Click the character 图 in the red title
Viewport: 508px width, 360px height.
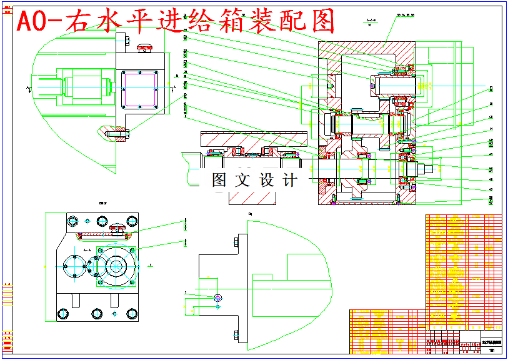(321, 22)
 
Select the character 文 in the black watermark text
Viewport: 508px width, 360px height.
(242, 181)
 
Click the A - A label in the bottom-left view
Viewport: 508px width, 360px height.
(87, 249)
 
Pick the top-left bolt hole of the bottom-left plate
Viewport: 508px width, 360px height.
(72, 221)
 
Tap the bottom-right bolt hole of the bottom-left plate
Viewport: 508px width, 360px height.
(131, 313)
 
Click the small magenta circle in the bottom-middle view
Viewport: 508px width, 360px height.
(217, 297)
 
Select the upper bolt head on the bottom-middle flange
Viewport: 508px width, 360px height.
(236, 241)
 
